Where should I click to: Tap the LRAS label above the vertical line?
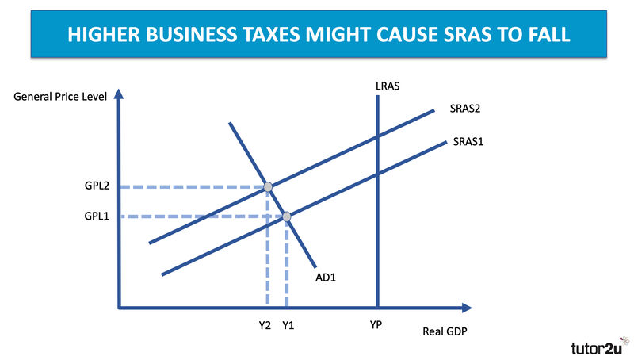[x=388, y=86]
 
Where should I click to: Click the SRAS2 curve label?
[x=465, y=109]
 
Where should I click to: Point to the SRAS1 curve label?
[x=468, y=142]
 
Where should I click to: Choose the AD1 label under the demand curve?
[x=326, y=278]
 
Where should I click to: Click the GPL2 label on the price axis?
[x=97, y=186]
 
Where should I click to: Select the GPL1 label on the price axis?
[x=97, y=216]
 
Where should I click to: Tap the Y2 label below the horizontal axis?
[x=265, y=325]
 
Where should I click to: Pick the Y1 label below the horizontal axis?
[x=288, y=325]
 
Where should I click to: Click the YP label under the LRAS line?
[x=376, y=325]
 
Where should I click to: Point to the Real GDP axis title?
[x=445, y=331]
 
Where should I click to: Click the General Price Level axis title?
[x=60, y=97]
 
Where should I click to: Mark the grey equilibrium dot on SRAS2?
[x=268, y=187]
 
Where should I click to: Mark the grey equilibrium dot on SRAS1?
[x=287, y=216]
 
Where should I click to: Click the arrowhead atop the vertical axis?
[x=118, y=94]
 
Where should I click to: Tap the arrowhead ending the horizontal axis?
[x=467, y=308]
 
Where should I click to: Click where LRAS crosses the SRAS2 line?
[x=378, y=136]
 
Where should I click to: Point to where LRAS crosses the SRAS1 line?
[x=378, y=174]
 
